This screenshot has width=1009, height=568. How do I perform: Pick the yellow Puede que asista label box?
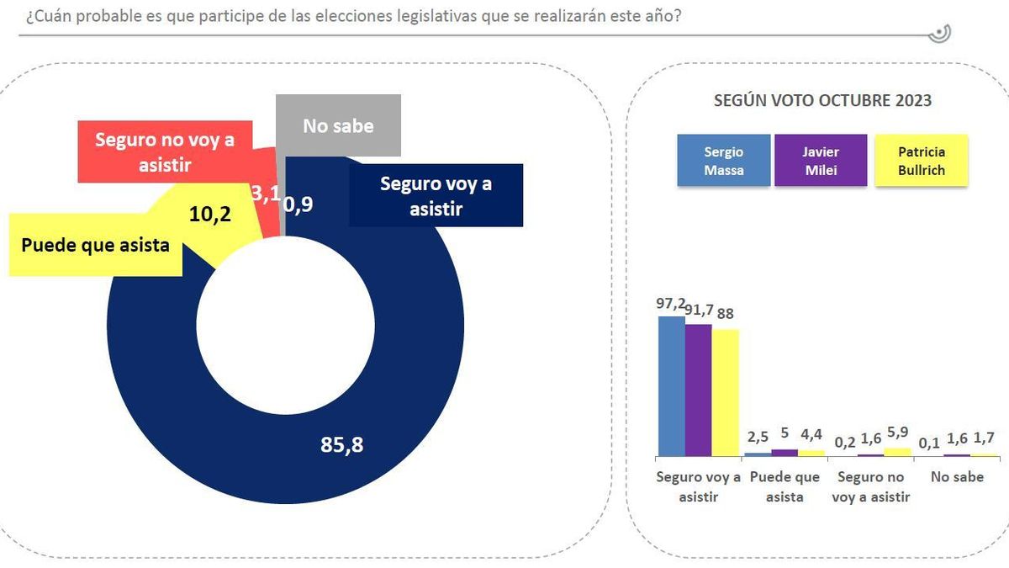[95, 247]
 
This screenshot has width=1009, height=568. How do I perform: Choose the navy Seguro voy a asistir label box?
[436, 195]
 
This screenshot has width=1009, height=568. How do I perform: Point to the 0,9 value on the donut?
[298, 204]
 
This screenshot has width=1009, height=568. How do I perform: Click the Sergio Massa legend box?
[723, 161]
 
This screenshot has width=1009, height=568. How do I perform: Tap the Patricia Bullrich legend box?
[922, 161]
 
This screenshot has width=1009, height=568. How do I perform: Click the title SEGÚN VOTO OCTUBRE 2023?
[822, 100]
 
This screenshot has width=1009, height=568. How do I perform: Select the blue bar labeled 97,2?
[671, 386]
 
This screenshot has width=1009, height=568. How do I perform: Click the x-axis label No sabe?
[957, 477]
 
